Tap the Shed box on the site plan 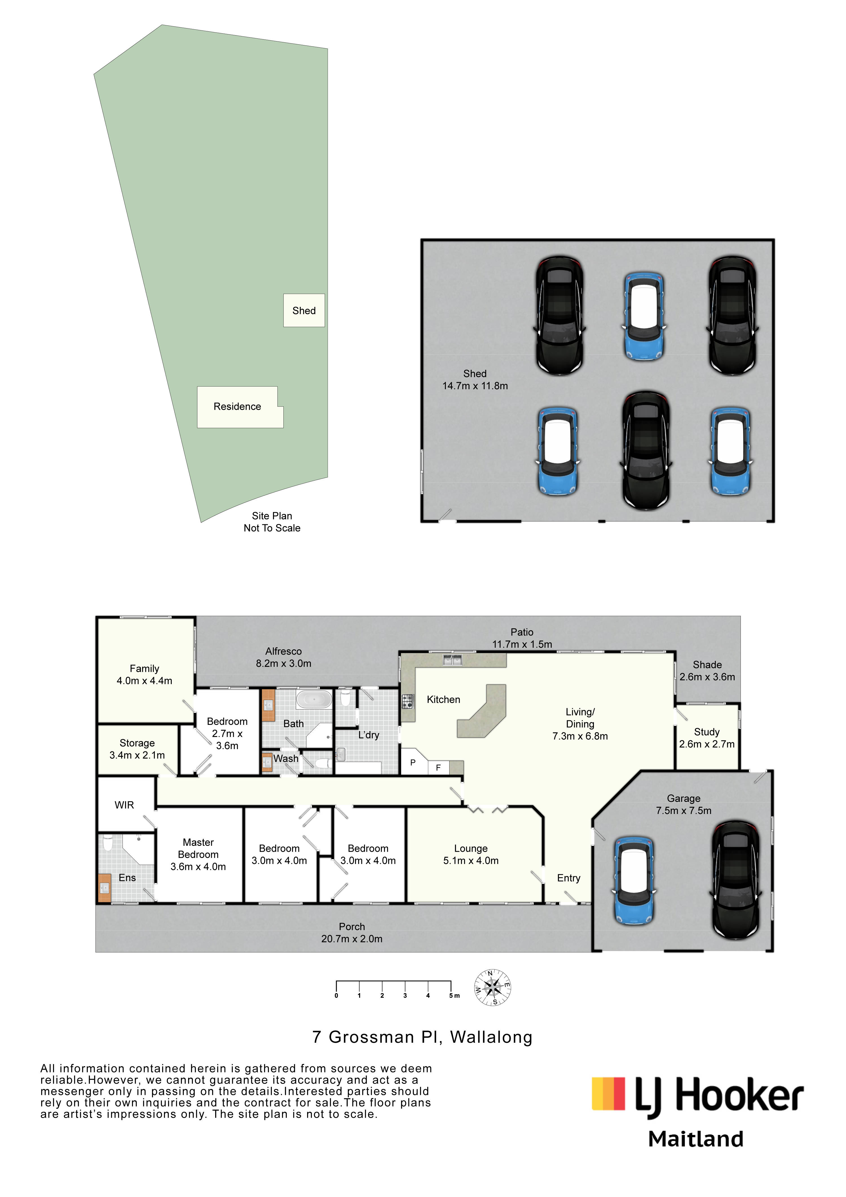coord(304,311)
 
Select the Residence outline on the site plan coord(240,407)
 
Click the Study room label coord(706,732)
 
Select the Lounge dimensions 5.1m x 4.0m coord(471,861)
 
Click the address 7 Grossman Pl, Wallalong coord(422,1037)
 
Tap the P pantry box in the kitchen coord(413,762)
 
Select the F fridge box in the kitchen coord(439,767)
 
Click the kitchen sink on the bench coord(452,661)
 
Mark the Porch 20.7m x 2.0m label coord(352,933)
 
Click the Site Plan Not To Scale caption coord(272,522)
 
